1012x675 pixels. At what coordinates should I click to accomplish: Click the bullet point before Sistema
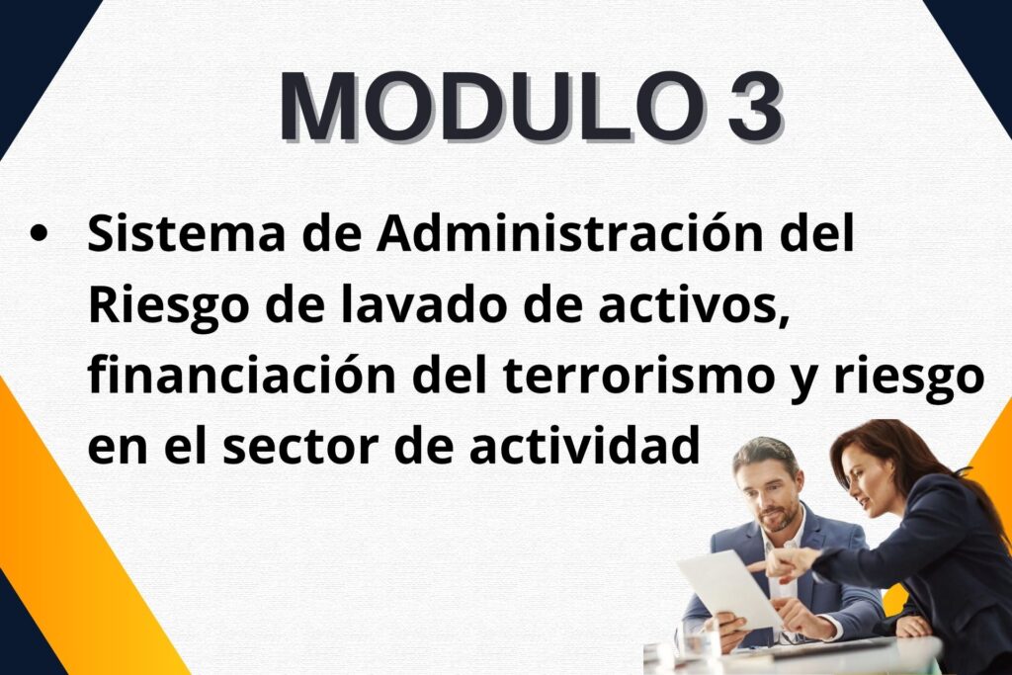[39, 233]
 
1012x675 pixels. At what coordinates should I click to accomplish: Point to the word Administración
[570, 232]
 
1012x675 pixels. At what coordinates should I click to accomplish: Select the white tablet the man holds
[730, 588]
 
